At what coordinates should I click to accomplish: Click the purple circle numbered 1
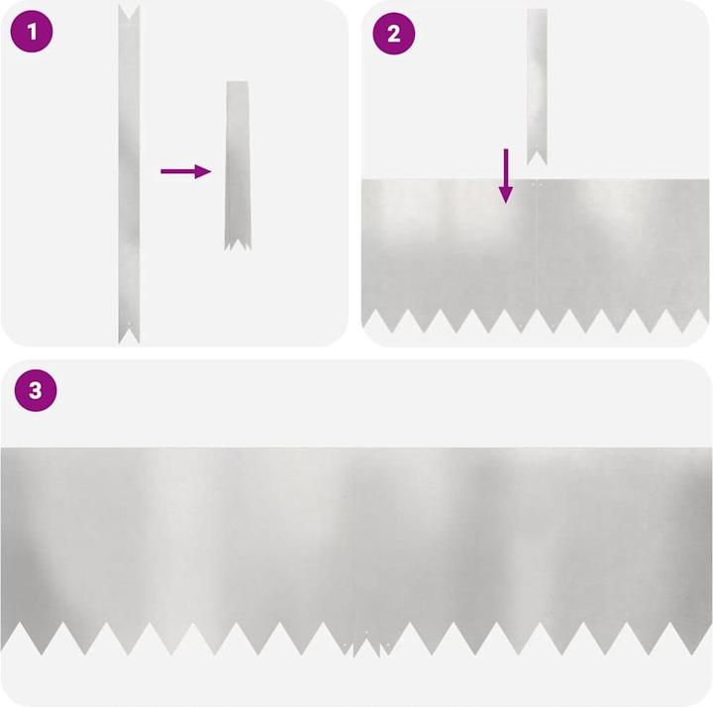32,32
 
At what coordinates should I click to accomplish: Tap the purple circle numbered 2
394,34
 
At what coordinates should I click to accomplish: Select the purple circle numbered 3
36,390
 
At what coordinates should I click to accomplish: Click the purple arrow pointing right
186,171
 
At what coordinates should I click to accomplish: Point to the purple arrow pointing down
506,176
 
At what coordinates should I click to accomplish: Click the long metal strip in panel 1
129,174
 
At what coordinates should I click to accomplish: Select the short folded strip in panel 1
238,166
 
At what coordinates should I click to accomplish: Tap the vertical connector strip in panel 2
537,86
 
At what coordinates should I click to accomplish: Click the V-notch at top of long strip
129,13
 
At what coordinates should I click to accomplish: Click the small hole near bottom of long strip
129,324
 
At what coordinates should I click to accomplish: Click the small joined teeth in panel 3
367,646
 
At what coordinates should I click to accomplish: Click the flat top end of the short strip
238,82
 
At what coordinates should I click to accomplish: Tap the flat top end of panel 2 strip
537,10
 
